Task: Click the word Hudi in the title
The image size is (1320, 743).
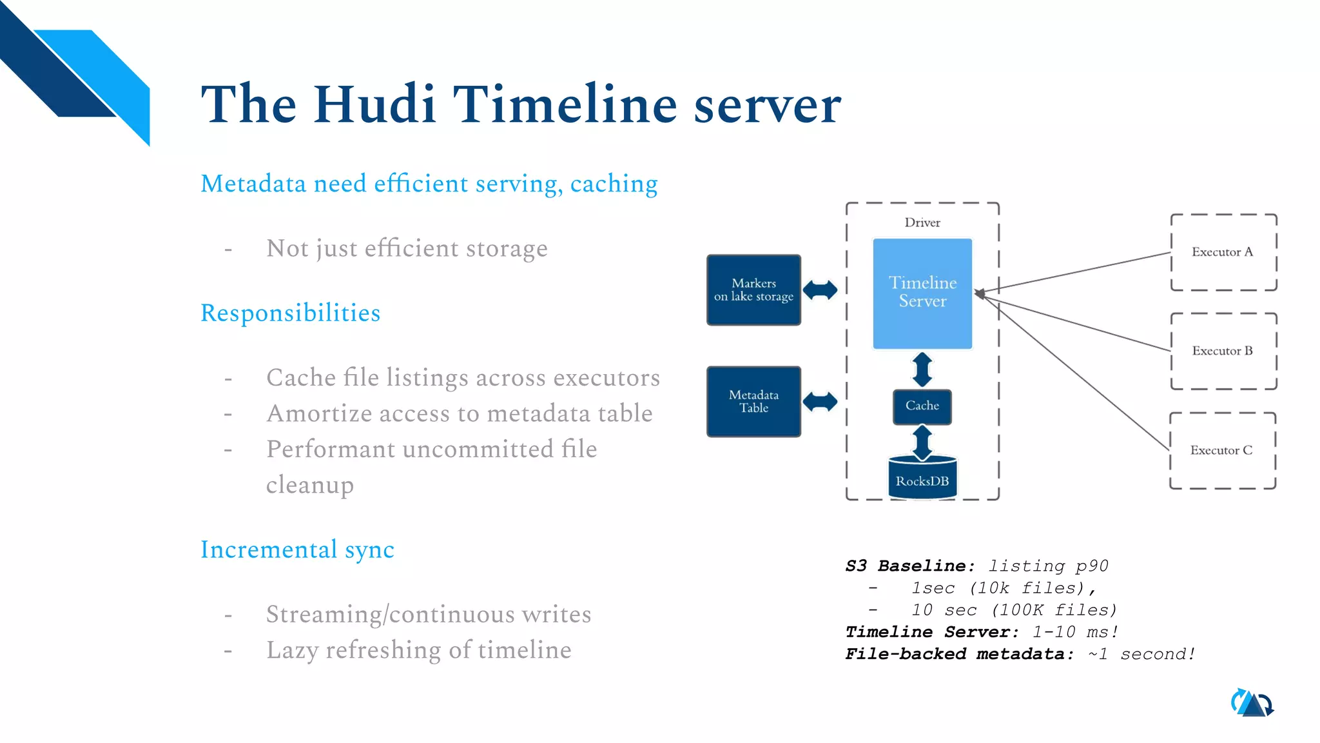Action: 374,104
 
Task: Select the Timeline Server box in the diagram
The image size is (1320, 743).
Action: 922,293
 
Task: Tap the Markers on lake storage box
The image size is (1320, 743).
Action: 753,290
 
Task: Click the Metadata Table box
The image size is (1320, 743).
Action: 753,401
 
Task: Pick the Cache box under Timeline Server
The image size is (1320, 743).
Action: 922,406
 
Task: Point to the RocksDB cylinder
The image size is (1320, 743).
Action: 922,479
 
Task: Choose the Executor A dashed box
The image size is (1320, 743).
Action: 1223,252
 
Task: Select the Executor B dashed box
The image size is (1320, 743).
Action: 1223,351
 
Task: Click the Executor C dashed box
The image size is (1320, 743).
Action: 1222,450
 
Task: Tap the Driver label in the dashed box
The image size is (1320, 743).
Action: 922,223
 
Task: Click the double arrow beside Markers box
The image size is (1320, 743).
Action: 820,290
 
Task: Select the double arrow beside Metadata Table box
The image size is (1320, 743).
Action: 820,402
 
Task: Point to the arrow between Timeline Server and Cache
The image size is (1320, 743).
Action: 922,370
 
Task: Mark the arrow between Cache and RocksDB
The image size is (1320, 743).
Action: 922,442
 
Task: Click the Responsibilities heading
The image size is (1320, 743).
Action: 290,313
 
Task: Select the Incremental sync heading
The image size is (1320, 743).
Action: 297,550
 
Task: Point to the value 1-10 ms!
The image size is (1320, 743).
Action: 1075,632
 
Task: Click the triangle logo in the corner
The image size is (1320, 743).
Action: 1252,703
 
